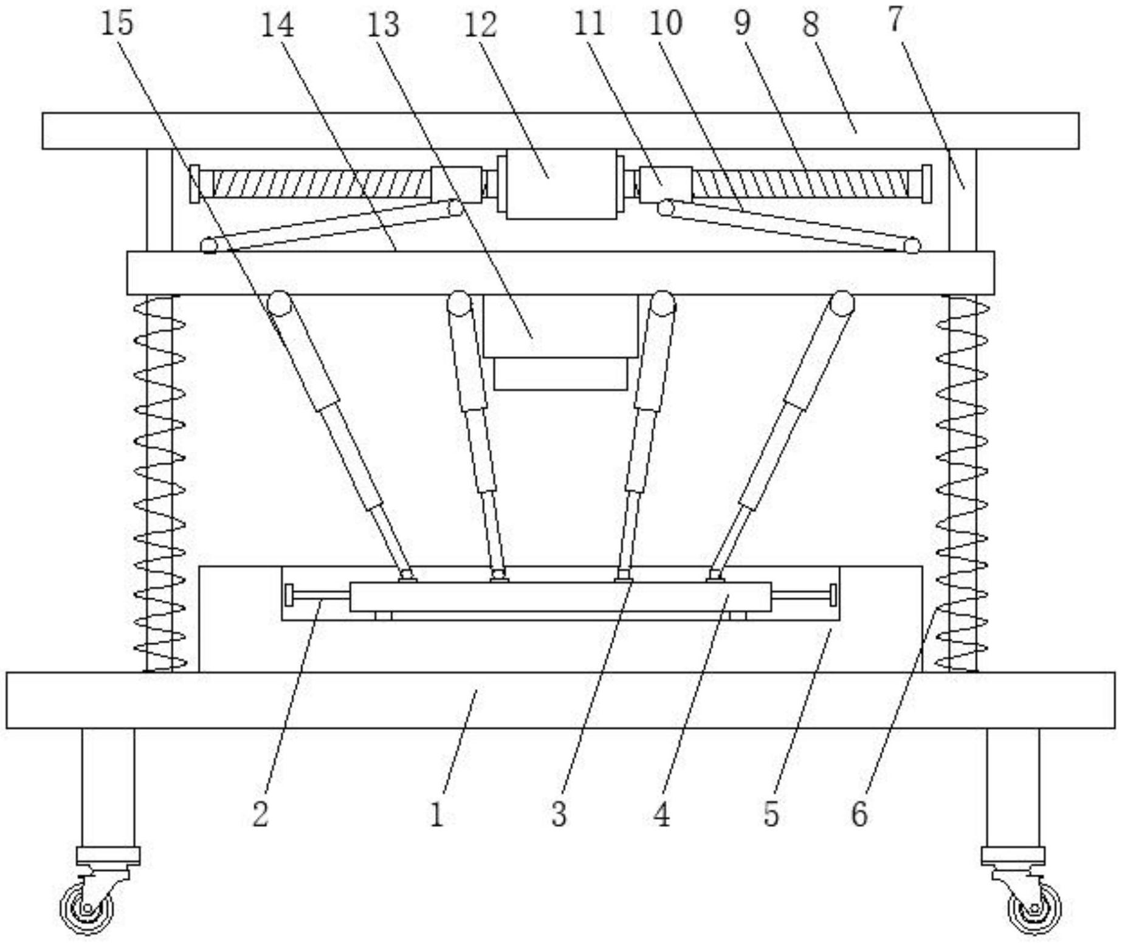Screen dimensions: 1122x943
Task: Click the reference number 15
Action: click(x=117, y=24)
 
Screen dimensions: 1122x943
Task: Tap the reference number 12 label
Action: click(x=480, y=26)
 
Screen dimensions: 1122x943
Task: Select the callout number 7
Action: click(x=896, y=19)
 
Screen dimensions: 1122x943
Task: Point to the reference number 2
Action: click(x=260, y=814)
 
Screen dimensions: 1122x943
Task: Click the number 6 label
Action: click(x=859, y=814)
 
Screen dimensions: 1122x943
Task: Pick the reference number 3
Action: click(x=559, y=814)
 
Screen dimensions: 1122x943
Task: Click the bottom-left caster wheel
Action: click(x=86, y=909)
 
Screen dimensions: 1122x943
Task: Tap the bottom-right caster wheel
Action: click(x=1034, y=909)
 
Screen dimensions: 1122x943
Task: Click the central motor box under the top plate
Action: click(x=561, y=184)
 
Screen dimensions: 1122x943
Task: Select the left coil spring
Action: click(x=159, y=483)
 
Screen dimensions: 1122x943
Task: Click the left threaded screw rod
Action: click(x=321, y=184)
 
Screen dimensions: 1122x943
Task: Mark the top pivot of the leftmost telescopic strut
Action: click(x=280, y=302)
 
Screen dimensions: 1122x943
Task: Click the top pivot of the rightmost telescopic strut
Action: click(x=842, y=302)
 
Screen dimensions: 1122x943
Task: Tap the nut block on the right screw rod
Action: click(x=666, y=184)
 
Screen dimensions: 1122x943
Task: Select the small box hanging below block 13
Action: click(x=560, y=374)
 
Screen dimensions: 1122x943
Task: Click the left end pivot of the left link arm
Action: click(x=209, y=245)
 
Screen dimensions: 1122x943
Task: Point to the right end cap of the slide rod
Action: click(x=833, y=594)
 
